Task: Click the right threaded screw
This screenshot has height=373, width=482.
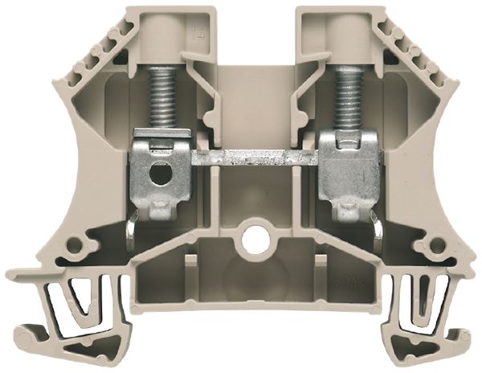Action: click(349, 96)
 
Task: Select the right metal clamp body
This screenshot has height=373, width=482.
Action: click(346, 169)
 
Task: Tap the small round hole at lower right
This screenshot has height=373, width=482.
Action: click(438, 244)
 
